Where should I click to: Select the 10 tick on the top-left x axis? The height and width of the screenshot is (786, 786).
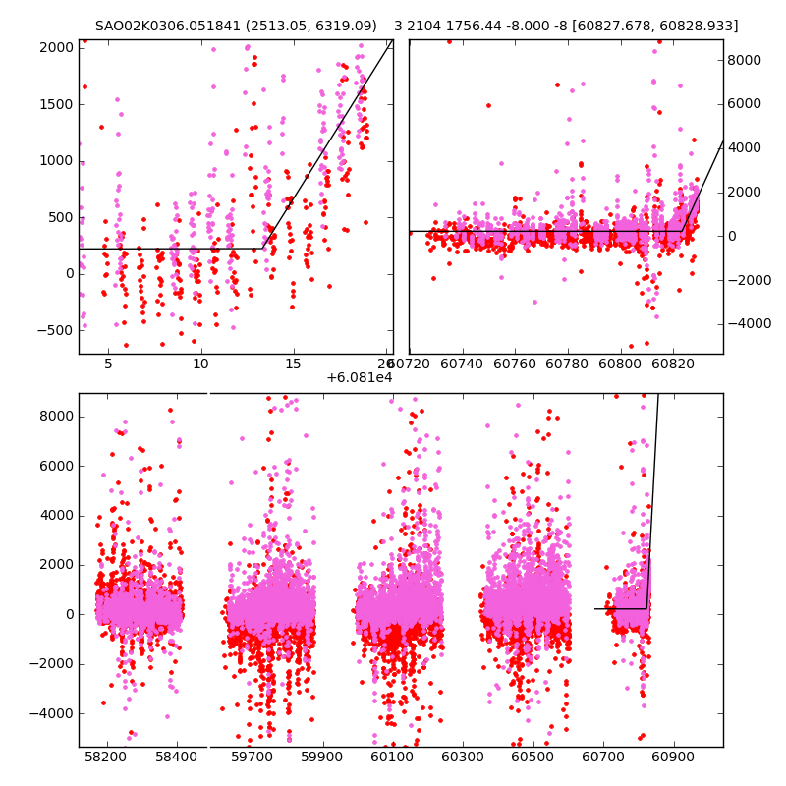[200, 365]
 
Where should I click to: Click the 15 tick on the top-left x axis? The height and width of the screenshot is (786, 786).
[293, 365]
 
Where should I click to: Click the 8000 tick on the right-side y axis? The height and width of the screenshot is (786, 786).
[745, 60]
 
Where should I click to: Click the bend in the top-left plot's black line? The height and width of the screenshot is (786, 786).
[263, 248]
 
